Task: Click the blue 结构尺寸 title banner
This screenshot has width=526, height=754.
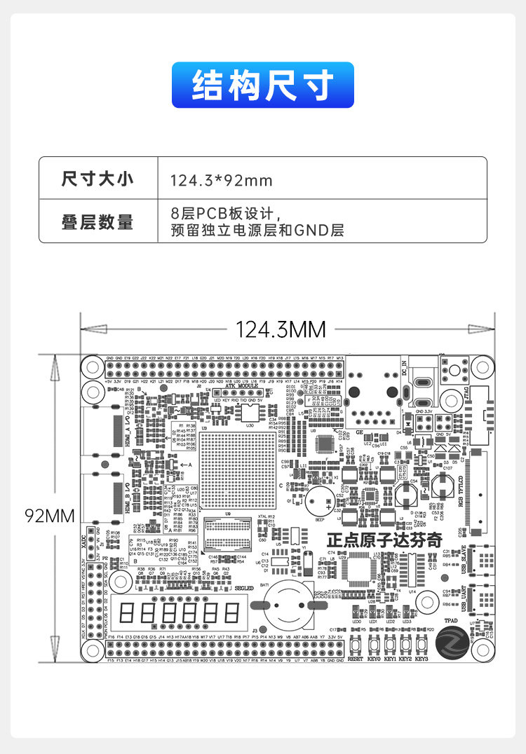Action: (x=262, y=85)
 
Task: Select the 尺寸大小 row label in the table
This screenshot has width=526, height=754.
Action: (x=97, y=179)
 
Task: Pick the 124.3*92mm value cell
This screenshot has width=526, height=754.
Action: (x=221, y=181)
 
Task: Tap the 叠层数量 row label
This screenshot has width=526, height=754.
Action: (x=97, y=222)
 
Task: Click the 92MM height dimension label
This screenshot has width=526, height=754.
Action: (x=49, y=516)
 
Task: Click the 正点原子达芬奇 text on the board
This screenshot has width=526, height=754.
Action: (x=385, y=541)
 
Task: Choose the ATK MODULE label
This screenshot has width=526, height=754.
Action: (x=243, y=386)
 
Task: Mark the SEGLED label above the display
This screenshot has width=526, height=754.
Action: (x=243, y=588)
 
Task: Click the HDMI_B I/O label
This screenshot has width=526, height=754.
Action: (x=127, y=499)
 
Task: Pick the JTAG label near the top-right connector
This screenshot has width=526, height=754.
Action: (x=466, y=404)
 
